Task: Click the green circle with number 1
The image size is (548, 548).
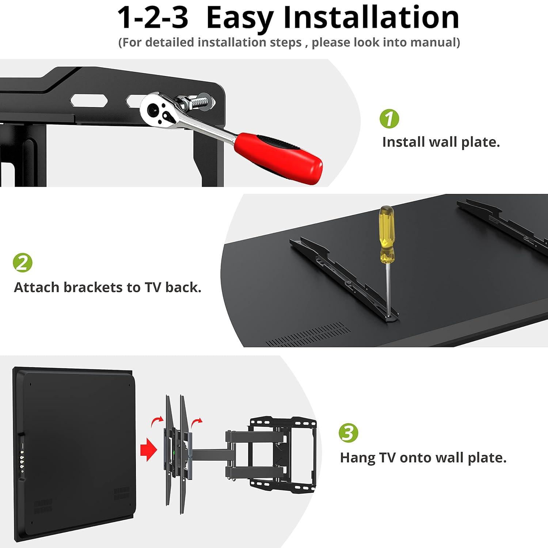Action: click(389, 119)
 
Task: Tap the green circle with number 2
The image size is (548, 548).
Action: click(23, 263)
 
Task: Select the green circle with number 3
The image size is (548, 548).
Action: click(348, 433)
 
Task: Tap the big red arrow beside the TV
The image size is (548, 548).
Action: click(148, 450)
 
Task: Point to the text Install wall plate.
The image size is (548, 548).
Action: click(441, 142)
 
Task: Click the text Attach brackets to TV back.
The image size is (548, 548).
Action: click(107, 288)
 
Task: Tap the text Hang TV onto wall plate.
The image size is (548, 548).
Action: click(423, 457)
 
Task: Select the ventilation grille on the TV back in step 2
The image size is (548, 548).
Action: click(309, 334)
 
